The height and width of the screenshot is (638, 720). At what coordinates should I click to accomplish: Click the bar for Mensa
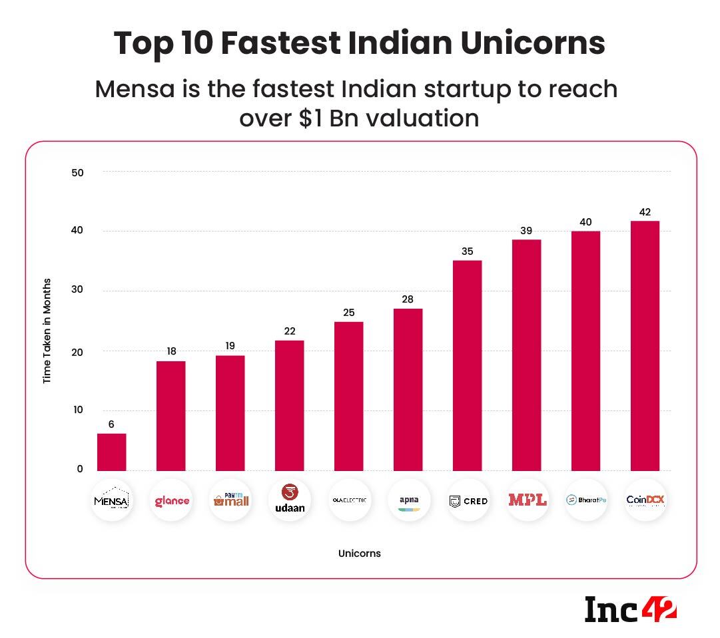coord(111,452)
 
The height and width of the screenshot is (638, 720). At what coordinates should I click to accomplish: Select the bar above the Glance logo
coord(171,416)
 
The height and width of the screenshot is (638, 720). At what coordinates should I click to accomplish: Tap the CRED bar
coord(467,365)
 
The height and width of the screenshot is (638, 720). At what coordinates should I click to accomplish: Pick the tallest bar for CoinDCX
coord(645,345)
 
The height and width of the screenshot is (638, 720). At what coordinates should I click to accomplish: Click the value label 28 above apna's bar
coord(408,299)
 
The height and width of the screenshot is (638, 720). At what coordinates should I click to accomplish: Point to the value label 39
coord(526,230)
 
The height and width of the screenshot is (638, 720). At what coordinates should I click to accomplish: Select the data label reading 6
coord(111,424)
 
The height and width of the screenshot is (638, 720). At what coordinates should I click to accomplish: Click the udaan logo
coord(290,500)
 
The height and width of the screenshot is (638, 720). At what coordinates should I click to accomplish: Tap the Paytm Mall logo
coord(230,500)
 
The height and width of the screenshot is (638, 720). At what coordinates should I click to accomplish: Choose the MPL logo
coord(527,500)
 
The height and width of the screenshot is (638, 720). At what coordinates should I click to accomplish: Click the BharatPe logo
coord(586,500)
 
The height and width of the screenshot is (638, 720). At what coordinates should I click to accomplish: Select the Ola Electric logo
coord(349,500)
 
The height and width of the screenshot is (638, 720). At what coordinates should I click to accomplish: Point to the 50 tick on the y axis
coord(77,172)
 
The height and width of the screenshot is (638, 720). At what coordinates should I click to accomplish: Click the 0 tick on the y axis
coord(80,469)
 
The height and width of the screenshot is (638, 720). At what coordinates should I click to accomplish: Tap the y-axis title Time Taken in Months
coord(47,331)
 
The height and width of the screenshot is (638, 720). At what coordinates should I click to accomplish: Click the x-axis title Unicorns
coord(359,554)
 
